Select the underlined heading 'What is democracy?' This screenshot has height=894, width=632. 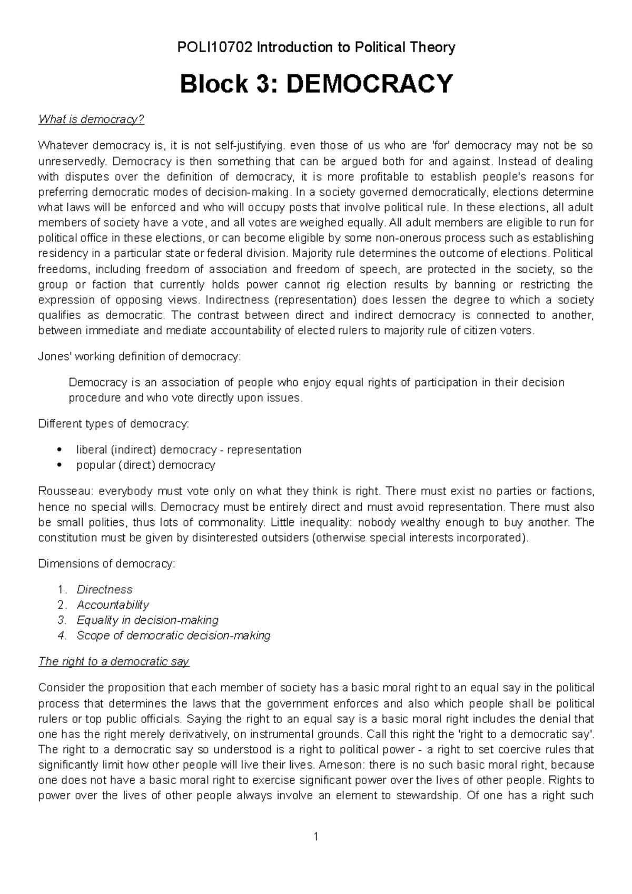point(91,120)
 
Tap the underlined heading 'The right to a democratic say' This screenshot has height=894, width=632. point(113,662)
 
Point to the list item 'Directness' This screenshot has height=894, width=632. point(104,590)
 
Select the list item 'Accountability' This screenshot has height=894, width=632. point(113,605)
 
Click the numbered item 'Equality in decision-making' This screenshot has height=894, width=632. point(147,620)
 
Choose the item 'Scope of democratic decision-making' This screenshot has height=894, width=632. point(173,635)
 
